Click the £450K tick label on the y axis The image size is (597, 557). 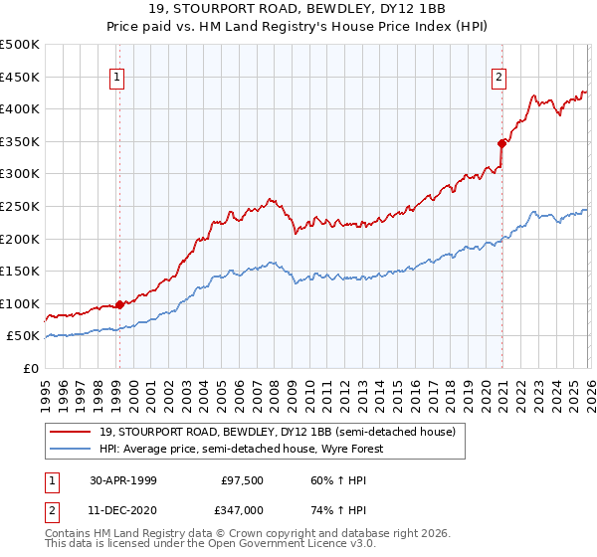(x=20, y=78)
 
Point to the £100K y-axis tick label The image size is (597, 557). (x=20, y=304)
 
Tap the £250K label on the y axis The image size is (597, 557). (x=20, y=207)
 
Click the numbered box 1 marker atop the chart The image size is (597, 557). (x=118, y=77)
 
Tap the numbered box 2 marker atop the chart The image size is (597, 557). (x=499, y=77)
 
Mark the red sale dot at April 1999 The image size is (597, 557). (x=119, y=304)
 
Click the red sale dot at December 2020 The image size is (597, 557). (x=501, y=143)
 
